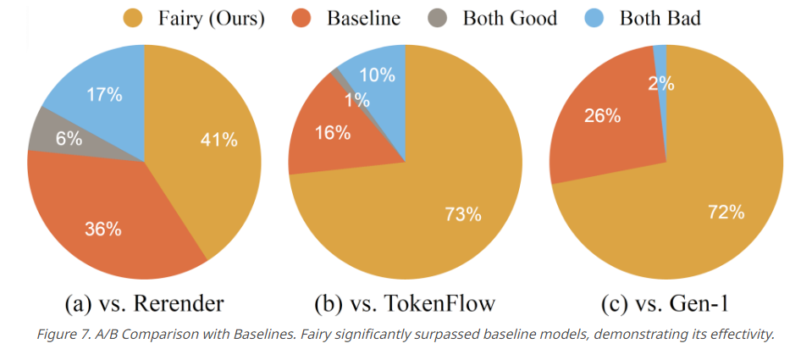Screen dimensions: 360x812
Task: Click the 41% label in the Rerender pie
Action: pos(218,141)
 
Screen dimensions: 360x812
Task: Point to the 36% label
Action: pos(102,229)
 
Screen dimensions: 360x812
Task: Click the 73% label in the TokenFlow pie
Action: pos(463,214)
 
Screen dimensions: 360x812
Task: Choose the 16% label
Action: pos(331,132)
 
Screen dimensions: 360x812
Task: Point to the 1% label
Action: pos(356,100)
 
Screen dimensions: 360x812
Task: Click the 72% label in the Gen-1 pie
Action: pos(726,213)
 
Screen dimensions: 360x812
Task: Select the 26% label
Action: pos(602,115)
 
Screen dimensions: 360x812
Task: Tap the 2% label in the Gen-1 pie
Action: pos(661,83)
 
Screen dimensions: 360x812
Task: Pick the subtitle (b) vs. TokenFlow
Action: pos(405,303)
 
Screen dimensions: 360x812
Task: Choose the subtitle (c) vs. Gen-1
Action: pos(666,303)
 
